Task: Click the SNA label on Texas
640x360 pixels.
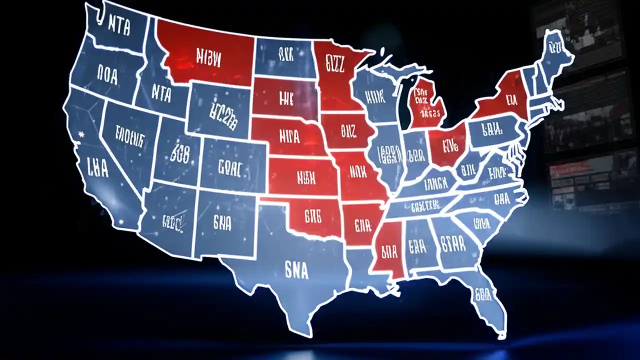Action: [x=296, y=270]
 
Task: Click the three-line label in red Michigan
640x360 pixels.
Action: [x=426, y=102]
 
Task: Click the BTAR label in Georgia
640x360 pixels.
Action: [x=453, y=244]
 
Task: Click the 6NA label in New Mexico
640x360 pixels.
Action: [x=221, y=223]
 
